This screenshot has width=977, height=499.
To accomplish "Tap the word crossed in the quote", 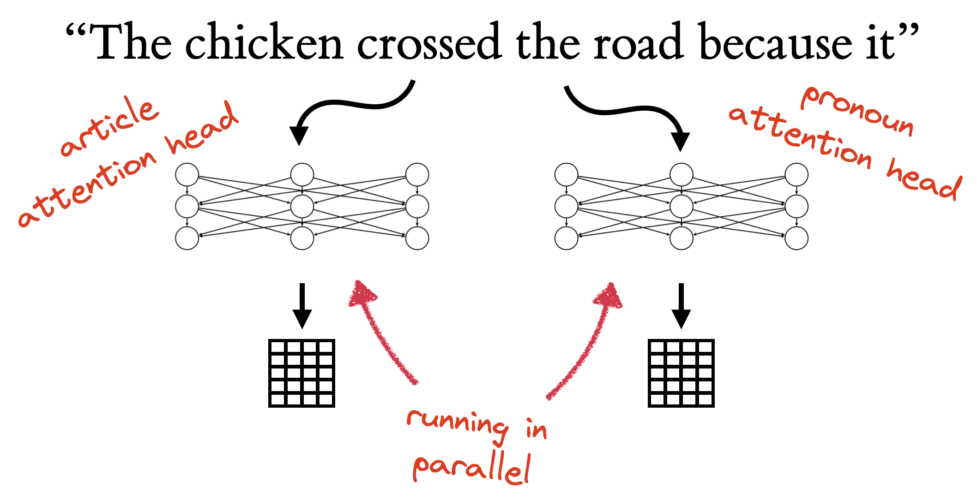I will [x=429, y=42].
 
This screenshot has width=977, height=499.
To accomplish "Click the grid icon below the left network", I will [x=302, y=373].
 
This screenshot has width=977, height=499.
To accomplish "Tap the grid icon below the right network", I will [x=681, y=373].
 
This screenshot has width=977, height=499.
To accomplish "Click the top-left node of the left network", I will [x=187, y=175].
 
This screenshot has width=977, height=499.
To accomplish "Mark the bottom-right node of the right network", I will [x=796, y=238].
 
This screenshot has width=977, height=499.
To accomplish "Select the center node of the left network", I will [x=302, y=206].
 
